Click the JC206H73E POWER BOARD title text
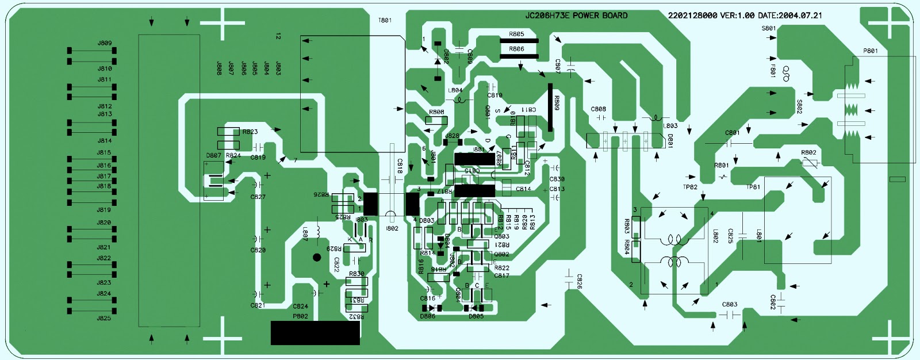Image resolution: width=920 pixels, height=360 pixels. click(x=576, y=16)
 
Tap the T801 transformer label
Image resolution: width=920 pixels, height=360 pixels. click(x=385, y=20)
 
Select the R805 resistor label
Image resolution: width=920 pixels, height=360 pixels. click(x=516, y=34)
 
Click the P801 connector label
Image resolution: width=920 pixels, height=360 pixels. click(x=871, y=51)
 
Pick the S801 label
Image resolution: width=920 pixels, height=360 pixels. click(x=769, y=28)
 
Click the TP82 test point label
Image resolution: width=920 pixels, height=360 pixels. click(x=690, y=187)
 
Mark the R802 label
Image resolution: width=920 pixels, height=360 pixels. click(x=808, y=152)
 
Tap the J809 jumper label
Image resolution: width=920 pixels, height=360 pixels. click(x=105, y=43)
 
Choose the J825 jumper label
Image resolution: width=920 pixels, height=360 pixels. click(x=104, y=318)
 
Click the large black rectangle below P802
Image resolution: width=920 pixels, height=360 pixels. click(x=315, y=332)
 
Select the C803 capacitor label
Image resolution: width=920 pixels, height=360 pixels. click(x=730, y=304)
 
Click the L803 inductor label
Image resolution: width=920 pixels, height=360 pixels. click(x=670, y=126)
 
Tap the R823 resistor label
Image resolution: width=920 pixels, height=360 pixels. click(x=250, y=132)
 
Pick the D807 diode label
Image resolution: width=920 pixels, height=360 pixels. click(x=213, y=155)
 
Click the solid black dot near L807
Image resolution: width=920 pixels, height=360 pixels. click(x=317, y=258)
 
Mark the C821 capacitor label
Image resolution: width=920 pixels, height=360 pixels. click(x=258, y=305)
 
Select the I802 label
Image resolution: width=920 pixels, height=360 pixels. click(x=392, y=228)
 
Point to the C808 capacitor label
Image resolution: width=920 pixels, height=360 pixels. click(x=599, y=109)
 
